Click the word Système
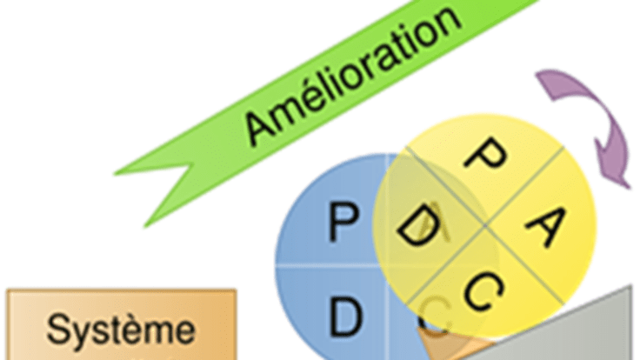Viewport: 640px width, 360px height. click(x=121, y=330)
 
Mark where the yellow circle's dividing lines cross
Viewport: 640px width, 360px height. click(x=483, y=227)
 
